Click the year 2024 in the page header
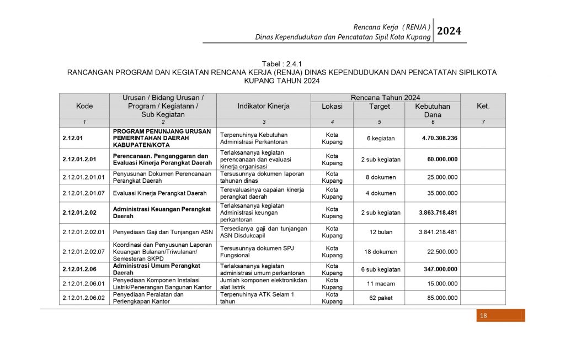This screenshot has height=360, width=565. (x=450, y=31)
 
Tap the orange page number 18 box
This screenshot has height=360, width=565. (x=500, y=315)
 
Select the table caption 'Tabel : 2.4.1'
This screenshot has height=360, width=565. (x=282, y=64)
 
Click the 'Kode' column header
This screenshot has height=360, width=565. (x=84, y=106)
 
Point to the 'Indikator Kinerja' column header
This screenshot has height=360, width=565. (x=263, y=106)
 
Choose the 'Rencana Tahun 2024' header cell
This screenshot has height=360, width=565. (x=385, y=98)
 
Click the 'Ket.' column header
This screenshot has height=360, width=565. (x=483, y=106)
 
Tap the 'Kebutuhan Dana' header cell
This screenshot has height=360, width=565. (x=432, y=110)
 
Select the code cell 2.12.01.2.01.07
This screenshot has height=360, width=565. (x=84, y=193)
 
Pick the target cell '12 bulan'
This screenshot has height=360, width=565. (x=380, y=232)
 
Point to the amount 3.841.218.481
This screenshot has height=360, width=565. (x=438, y=232)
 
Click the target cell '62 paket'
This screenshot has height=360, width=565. (x=380, y=298)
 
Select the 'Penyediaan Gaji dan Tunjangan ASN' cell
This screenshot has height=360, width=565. (x=163, y=232)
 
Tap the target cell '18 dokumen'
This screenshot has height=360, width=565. (x=380, y=252)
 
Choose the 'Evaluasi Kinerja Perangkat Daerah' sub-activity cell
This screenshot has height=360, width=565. (x=160, y=193)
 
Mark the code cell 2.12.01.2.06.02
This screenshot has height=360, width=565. (x=84, y=298)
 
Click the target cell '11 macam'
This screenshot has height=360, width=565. (x=380, y=284)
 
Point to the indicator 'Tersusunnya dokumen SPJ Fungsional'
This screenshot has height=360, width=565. (x=257, y=252)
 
